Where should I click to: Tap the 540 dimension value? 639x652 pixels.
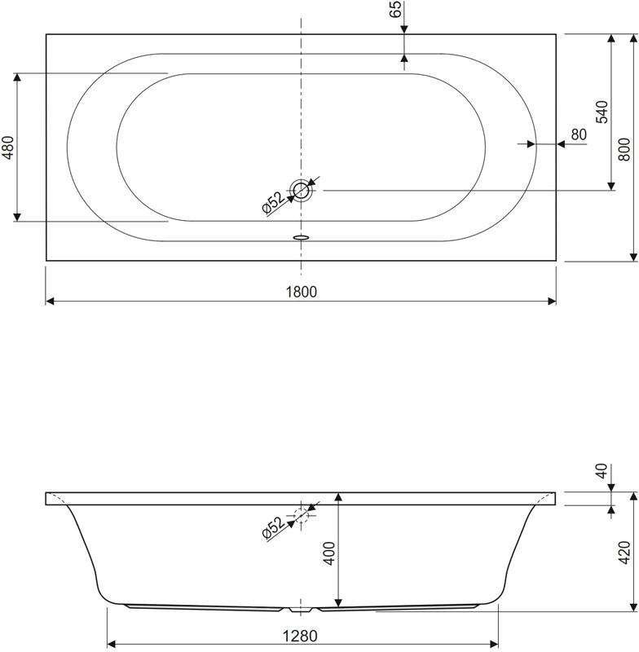point(602,112)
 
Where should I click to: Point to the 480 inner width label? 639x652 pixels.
point(7,147)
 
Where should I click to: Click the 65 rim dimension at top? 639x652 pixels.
point(395,11)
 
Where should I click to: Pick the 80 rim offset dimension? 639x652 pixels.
point(580,134)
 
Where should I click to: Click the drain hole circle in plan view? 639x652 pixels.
point(302,191)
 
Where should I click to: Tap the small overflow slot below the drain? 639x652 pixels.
point(301,238)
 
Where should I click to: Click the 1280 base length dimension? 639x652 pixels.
point(301,634)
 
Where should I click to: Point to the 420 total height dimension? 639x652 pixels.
point(624,552)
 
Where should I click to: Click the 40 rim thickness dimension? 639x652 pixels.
point(602,472)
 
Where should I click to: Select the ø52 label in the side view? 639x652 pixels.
point(273,528)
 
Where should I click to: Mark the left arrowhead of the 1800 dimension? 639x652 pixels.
point(49,301)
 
